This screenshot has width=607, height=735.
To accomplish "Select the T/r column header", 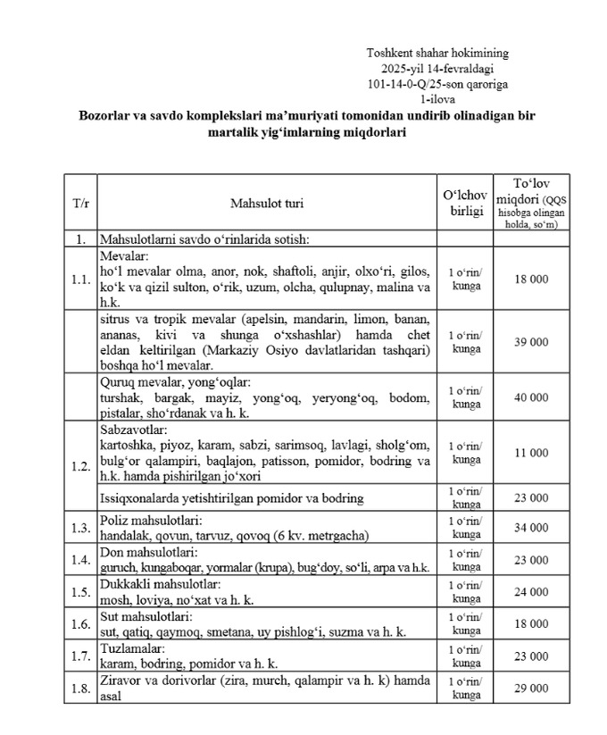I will [x=80, y=204].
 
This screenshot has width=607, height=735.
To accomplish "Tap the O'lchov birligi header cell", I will [x=464, y=203].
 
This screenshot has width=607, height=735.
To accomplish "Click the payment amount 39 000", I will [x=532, y=341].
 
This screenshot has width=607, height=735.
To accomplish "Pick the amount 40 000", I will [x=532, y=397].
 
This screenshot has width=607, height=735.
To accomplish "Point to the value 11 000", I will [x=532, y=453].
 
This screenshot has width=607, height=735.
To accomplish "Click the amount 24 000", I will [x=532, y=591].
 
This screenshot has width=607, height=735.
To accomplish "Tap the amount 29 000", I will [x=532, y=688].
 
